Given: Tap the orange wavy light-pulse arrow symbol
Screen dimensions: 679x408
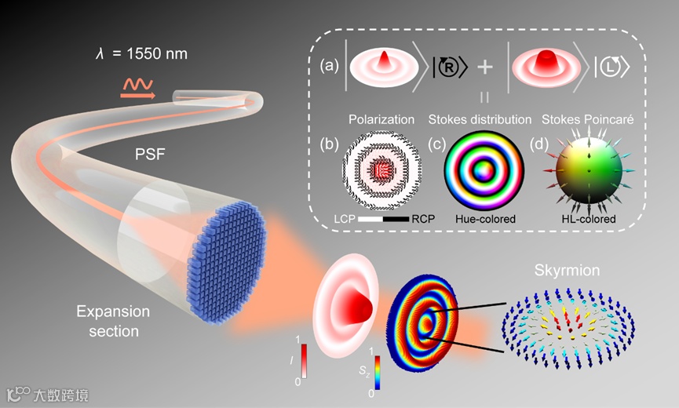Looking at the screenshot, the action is [137, 86].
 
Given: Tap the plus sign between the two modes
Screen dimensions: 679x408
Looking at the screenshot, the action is [485, 67].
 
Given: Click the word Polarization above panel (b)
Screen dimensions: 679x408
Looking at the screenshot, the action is [381, 119].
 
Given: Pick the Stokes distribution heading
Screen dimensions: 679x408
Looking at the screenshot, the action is [480, 119].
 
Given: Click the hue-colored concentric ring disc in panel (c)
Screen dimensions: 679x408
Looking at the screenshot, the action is [478, 169].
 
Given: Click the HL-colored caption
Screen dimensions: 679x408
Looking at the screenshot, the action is [587, 219].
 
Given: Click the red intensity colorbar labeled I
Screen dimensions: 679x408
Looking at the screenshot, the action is [304, 360].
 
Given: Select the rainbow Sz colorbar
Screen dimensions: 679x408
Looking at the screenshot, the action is [378, 372].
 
